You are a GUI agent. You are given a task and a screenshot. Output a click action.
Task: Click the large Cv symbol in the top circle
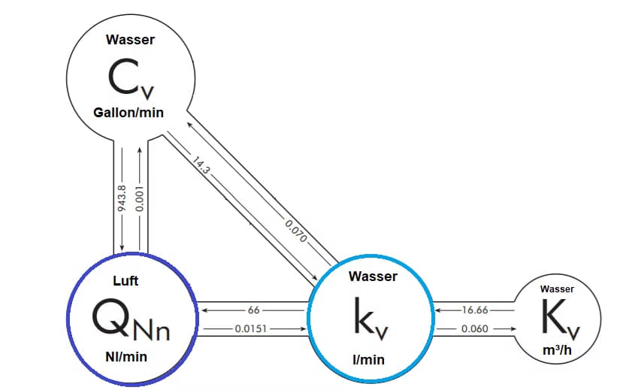tap(132, 77)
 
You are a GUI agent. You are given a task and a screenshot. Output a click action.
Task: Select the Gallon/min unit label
tap(129, 113)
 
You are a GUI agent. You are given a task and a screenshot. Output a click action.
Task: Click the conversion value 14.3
tap(201, 168)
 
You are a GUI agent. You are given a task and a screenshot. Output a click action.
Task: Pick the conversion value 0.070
tap(295, 226)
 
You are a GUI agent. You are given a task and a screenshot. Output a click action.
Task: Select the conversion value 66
tap(253, 309)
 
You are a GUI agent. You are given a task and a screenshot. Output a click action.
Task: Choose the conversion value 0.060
tap(473, 328)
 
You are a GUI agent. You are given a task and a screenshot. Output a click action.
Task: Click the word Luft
tap(125, 281)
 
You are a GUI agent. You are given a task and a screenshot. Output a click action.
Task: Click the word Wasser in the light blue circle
tap(373, 277)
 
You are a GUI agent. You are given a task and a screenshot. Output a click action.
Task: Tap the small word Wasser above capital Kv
tap(557, 289)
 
